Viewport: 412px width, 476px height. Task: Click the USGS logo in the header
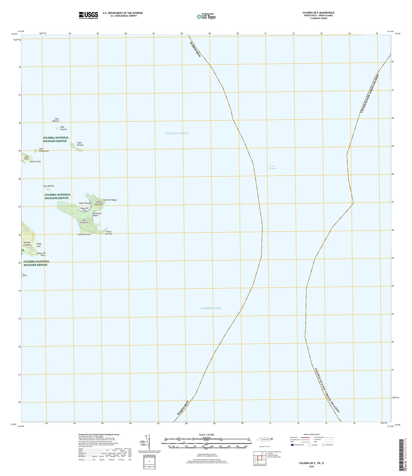[88, 15]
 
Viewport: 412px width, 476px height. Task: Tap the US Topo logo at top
[206, 16]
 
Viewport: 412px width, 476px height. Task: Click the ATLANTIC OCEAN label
[177, 133]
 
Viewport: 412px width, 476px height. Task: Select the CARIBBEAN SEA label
[211, 308]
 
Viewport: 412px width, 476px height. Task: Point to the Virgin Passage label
[272, 167]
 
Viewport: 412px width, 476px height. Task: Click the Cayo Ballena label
[56, 120]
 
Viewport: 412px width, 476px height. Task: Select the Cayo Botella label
[49, 186]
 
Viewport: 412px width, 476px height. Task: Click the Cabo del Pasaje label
[110, 200]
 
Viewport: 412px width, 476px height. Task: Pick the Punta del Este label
[109, 233]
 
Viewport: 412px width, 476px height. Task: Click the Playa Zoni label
[39, 245]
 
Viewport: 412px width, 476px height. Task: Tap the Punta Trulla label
[35, 162]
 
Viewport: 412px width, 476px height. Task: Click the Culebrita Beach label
[97, 214]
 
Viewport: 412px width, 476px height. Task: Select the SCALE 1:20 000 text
[206, 435]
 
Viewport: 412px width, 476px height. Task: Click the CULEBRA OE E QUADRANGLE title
[318, 13]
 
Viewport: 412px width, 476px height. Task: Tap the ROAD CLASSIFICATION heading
[311, 435]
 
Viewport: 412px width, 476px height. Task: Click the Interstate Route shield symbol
[292, 445]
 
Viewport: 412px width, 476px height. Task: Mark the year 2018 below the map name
[311, 467]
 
